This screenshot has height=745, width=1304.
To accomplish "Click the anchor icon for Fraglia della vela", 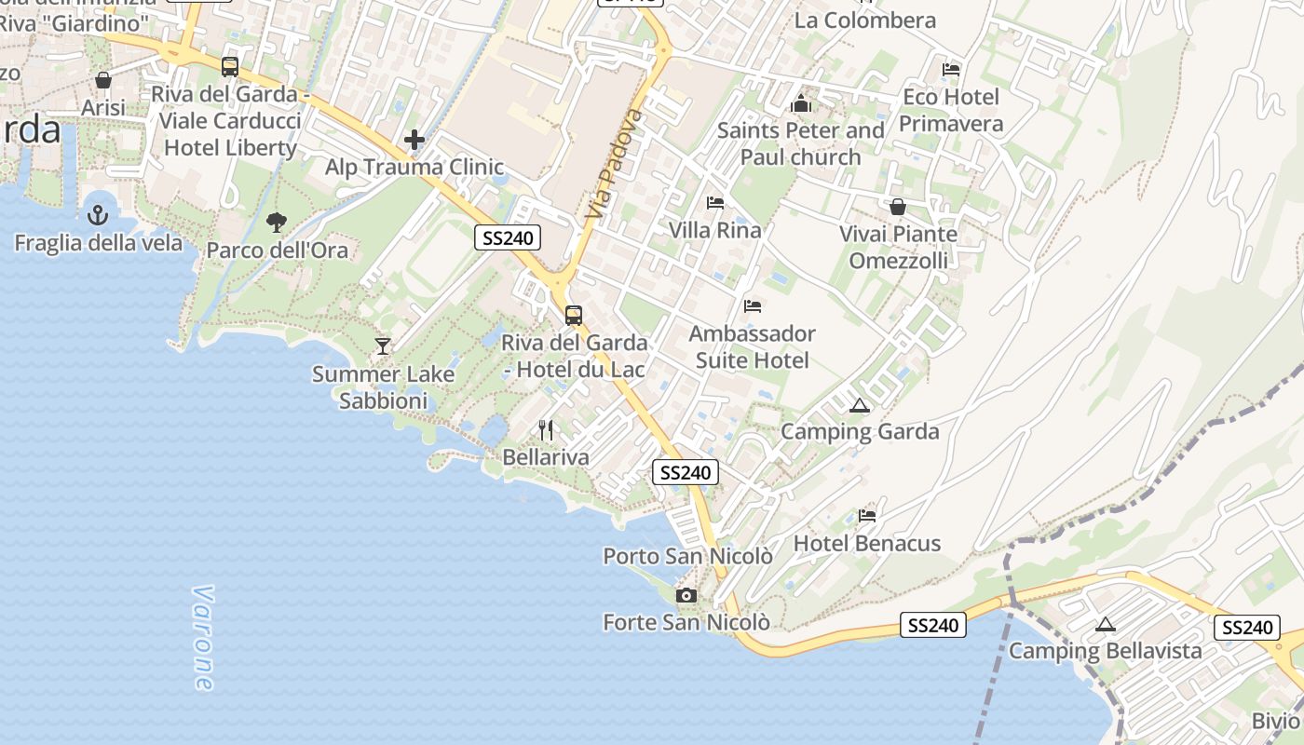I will [x=98, y=216].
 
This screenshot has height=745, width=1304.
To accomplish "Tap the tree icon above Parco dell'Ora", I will [x=276, y=222].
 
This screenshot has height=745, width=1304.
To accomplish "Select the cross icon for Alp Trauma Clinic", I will [x=414, y=141].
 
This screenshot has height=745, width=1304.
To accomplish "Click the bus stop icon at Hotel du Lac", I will [x=574, y=315].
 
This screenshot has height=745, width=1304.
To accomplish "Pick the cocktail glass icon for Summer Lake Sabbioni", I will [x=382, y=346].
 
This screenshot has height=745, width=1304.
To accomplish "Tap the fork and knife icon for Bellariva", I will [x=546, y=429].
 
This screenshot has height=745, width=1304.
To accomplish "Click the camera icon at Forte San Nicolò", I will [x=686, y=595].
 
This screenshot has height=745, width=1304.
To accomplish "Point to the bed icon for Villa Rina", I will [x=715, y=202].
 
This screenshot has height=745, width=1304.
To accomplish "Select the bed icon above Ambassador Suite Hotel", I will [x=753, y=305].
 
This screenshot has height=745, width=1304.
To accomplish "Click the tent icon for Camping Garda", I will [x=859, y=405].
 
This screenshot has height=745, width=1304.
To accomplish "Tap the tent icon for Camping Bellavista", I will [x=1106, y=624].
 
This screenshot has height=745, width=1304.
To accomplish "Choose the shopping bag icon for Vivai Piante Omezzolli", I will [x=898, y=207].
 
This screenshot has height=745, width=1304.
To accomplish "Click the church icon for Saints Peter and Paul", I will [x=801, y=103].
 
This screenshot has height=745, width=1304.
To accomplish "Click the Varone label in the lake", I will [x=202, y=638].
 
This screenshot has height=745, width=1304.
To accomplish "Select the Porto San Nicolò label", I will [x=687, y=556].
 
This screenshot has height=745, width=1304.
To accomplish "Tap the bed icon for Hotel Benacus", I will [x=867, y=515].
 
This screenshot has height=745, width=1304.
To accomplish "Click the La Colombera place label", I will [x=864, y=20].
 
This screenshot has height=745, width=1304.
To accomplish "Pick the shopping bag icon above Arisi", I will [x=103, y=80].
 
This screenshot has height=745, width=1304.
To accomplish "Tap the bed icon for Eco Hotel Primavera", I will [x=951, y=69].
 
